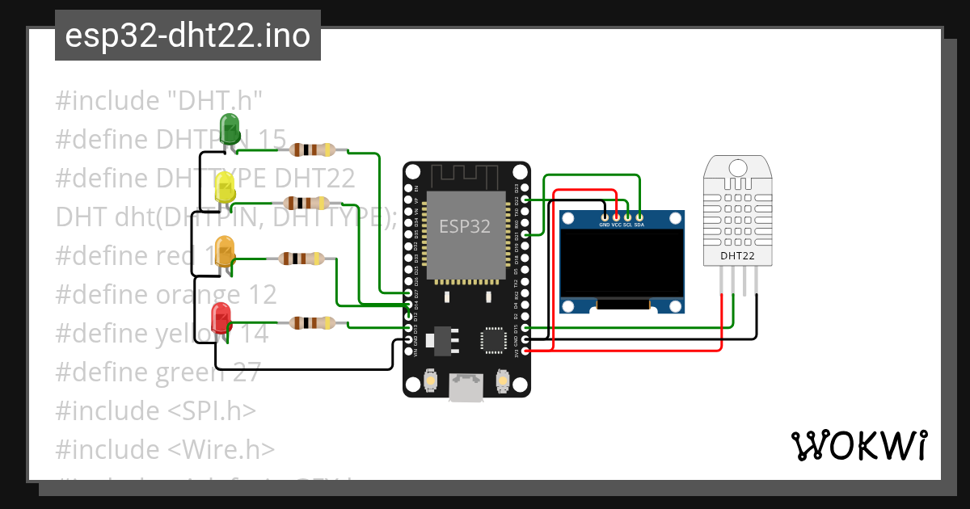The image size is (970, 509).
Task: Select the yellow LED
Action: point(224,189)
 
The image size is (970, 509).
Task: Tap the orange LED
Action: point(224,248)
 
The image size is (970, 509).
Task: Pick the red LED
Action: point(220,315)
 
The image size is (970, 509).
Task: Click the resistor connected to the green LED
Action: point(311,149)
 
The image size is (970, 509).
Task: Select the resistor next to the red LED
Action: point(311,323)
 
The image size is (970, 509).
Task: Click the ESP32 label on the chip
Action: point(465,226)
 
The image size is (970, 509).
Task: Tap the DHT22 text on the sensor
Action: point(737,256)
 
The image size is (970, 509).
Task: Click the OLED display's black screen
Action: point(622,263)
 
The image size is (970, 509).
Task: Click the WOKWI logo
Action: point(858,445)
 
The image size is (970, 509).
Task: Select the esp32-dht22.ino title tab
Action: point(188,36)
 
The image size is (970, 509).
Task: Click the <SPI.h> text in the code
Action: point(213,410)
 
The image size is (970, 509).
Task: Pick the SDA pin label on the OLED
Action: point(639,225)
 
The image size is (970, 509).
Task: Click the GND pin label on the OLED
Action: point(605,225)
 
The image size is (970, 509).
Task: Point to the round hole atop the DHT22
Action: point(737,167)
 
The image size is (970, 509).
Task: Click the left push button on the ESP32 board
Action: point(431,380)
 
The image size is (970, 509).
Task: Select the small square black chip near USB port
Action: point(492,340)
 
